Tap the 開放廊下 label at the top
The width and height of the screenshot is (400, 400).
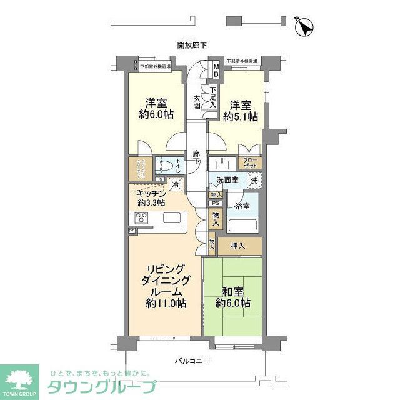coord(192,45)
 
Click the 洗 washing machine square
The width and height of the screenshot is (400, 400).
coord(254,180)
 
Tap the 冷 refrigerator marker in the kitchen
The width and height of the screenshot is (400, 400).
coord(176,184)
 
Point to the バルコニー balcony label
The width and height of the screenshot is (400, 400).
coord(192,361)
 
